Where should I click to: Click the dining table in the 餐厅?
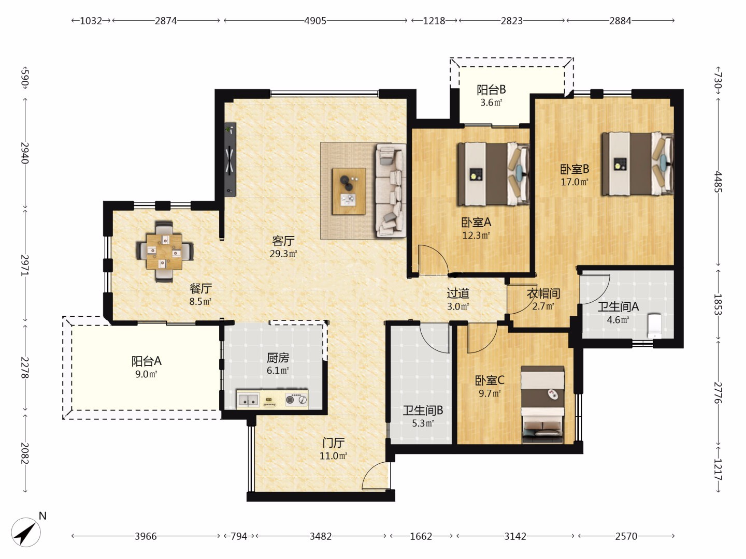click(165, 252)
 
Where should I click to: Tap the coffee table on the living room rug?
click(349, 191)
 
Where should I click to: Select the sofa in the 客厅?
click(391, 190)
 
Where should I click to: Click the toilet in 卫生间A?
click(654, 326)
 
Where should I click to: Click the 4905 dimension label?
click(315, 21)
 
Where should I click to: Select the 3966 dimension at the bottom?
click(146, 536)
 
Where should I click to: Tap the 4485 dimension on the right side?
click(718, 182)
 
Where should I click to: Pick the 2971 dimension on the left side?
click(25, 264)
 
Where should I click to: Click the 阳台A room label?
click(147, 361)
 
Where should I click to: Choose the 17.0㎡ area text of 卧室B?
click(575, 182)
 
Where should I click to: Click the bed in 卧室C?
click(542, 404)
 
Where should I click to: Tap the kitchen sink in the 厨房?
click(249, 400)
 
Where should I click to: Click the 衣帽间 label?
click(543, 293)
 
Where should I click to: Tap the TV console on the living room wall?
click(230, 159)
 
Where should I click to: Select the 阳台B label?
click(491, 90)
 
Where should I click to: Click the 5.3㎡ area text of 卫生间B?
click(423, 423)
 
